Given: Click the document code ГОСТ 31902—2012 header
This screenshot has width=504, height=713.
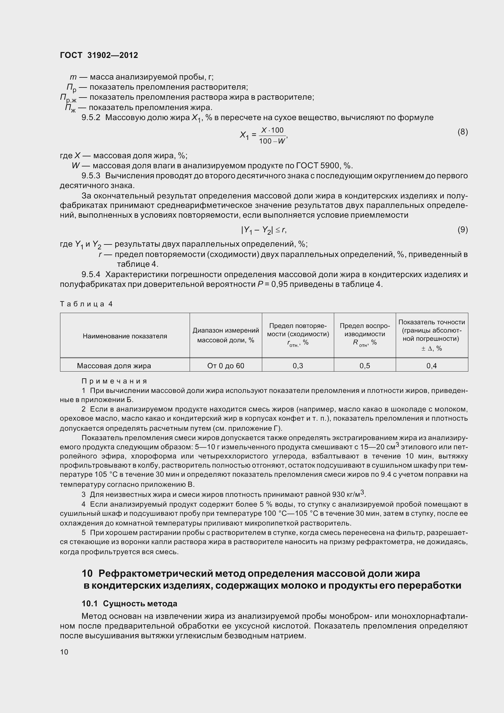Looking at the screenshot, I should click(x=99, y=55).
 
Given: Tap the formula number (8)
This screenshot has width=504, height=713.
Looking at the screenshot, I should click(x=463, y=132).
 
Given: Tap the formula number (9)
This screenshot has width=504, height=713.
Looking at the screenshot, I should click(x=463, y=230).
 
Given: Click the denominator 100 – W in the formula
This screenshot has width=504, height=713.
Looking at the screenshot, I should click(x=272, y=141).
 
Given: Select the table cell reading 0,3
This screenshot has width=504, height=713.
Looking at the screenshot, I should click(x=298, y=366).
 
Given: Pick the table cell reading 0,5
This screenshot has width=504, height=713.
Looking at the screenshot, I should click(x=365, y=366).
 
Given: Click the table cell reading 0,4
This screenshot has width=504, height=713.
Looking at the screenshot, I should click(x=431, y=366).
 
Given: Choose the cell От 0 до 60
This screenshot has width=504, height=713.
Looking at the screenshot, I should click(x=225, y=366).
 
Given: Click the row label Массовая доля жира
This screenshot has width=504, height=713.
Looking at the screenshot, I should click(x=114, y=366).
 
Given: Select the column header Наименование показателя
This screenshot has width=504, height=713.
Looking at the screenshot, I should click(x=125, y=336).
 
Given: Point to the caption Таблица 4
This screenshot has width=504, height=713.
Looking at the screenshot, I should click(x=86, y=304).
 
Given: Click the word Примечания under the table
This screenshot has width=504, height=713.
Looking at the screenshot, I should click(x=114, y=381).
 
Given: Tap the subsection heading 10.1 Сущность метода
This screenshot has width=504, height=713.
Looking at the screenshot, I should click(x=129, y=603).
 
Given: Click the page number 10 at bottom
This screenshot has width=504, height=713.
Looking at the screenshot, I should click(x=64, y=652).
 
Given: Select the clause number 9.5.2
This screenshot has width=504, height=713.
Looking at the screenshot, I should click(x=91, y=118).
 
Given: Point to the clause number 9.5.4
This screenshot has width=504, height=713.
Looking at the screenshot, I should click(x=91, y=275).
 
